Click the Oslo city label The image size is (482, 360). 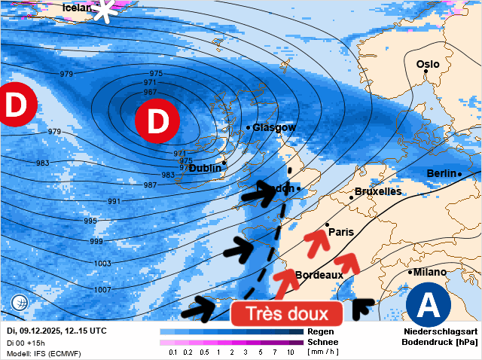coord(428,64)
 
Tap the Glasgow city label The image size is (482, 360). coord(275,128)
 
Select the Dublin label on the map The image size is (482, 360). coord(205,168)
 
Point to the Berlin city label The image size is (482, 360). coord(442,173)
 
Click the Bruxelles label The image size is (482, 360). coord(378,191)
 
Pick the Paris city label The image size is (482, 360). coord(341,232)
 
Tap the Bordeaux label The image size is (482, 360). coord(319,275)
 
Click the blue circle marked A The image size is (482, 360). coord(429,305)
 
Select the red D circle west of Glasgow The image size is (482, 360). coord(157,121)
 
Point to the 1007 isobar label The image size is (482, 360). coord(102,290)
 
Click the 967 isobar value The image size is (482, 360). coord(150,92)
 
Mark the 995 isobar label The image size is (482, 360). coord(90,221)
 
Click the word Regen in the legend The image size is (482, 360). coord(321,331)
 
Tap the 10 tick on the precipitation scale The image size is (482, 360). coord(291,352)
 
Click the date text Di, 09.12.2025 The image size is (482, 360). coord(36,331)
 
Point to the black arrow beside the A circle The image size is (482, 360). coord(363,306)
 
